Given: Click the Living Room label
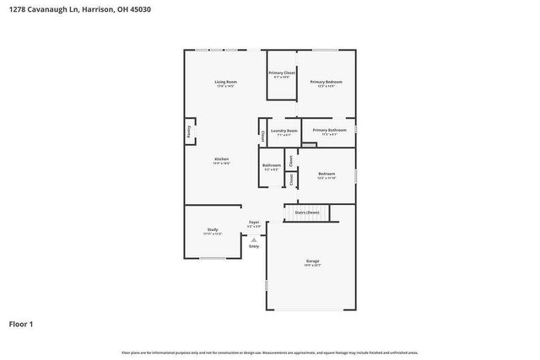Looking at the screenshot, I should click(x=225, y=82).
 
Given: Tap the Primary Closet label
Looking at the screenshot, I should click(x=282, y=73).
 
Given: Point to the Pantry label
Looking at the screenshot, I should click(x=189, y=132).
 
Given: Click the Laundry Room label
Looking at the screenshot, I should click(x=283, y=131).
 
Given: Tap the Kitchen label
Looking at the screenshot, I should click(x=221, y=159).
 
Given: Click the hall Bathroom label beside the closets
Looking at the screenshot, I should click(x=272, y=165).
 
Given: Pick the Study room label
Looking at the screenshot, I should click(x=213, y=229).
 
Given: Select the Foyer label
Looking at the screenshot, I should click(x=253, y=222).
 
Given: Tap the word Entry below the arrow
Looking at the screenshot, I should click(x=254, y=246).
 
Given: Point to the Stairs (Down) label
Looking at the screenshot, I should click(x=306, y=212).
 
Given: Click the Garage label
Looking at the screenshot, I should click(x=312, y=261).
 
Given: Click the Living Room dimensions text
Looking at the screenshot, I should click(x=225, y=86).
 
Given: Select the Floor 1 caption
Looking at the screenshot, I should click(x=21, y=323).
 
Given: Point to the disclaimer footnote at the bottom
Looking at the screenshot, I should click(x=269, y=352).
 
